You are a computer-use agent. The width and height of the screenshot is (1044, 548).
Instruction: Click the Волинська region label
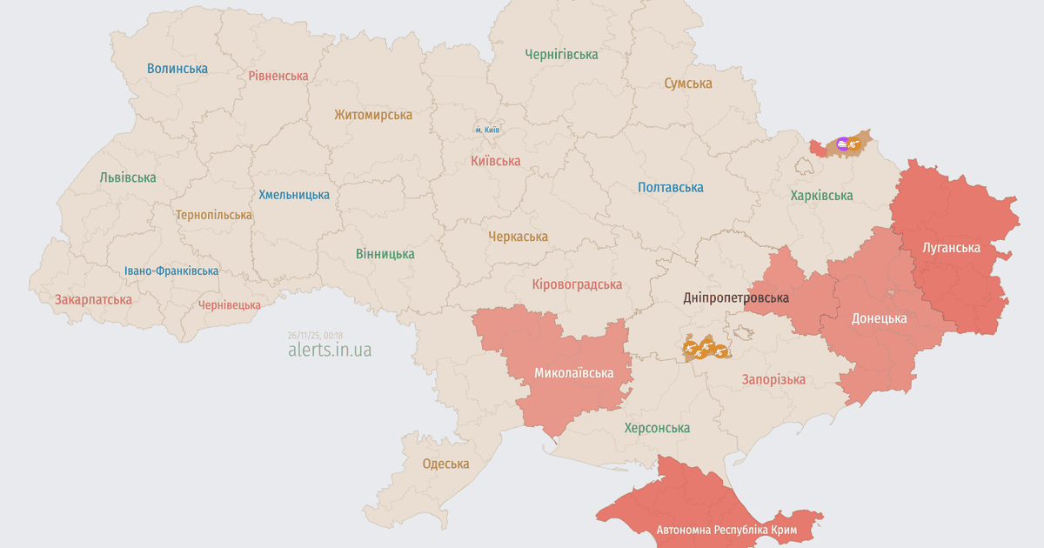click(177, 69)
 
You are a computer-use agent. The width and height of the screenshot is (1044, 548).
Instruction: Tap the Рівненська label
click(278, 76)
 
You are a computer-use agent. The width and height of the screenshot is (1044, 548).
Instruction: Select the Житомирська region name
click(373, 115)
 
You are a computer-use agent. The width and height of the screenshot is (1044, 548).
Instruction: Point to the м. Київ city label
click(487, 130)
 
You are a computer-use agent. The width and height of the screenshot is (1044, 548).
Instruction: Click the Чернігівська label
click(561, 54)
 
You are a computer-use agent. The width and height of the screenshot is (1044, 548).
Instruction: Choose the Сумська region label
click(687, 84)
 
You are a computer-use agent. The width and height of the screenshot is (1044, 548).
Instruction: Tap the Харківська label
click(821, 196)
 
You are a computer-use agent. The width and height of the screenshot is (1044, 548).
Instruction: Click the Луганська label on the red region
click(951, 248)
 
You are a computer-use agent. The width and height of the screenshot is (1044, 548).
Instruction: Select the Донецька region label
click(879, 318)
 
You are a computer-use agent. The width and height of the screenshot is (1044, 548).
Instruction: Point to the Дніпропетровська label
click(736, 297)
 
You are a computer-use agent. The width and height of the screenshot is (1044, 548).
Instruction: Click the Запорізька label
click(773, 379)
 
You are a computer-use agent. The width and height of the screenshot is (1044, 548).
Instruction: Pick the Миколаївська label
click(573, 373)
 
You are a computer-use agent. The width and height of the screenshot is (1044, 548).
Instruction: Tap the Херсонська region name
click(657, 428)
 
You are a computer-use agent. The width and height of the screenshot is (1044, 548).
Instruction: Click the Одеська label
click(445, 464)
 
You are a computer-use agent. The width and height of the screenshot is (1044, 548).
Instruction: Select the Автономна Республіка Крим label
click(726, 530)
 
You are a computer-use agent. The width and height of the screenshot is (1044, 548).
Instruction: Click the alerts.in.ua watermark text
click(330, 350)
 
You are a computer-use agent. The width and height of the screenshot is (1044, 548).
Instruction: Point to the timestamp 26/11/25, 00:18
click(315, 335)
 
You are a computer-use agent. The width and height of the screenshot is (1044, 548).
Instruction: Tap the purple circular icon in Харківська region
click(841, 144)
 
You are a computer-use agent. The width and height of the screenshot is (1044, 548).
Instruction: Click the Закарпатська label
click(93, 300)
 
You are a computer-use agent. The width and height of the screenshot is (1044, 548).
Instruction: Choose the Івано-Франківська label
click(171, 271)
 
